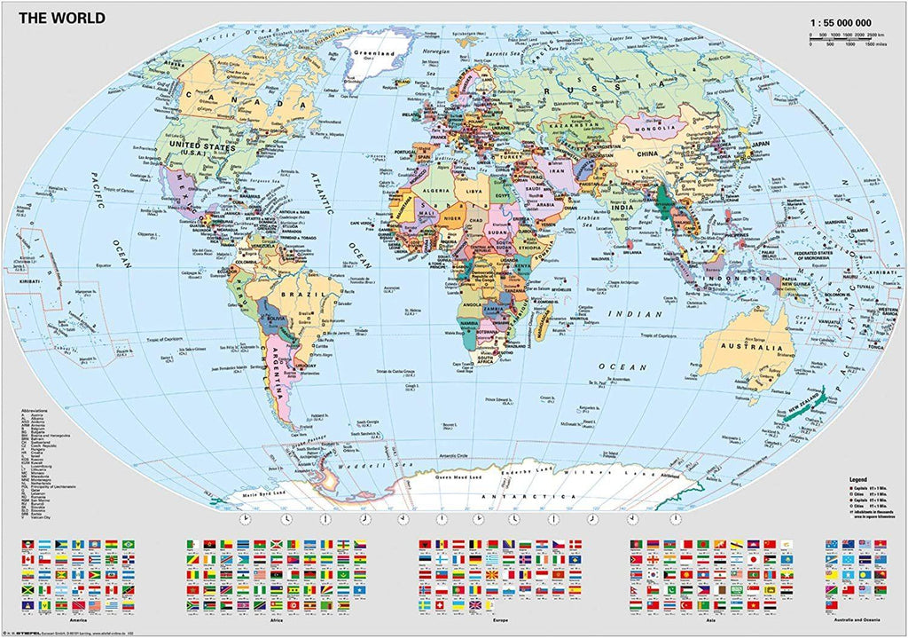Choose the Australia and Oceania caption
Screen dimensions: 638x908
click(857, 618)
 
